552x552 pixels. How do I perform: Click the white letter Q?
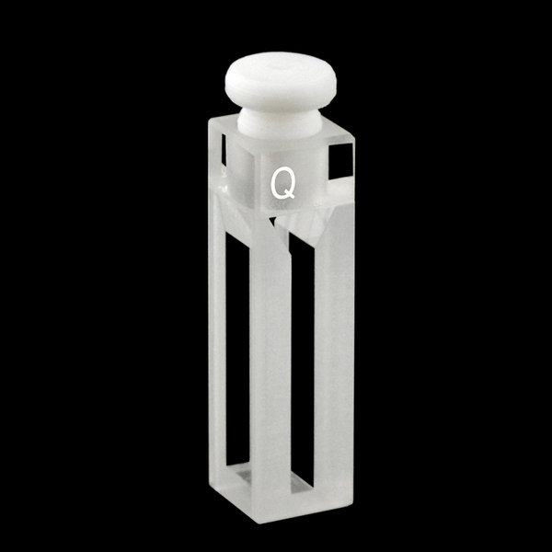[x=282, y=184]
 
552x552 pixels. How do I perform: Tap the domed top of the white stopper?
[x=277, y=79]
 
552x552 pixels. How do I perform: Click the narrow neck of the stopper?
[x=276, y=121]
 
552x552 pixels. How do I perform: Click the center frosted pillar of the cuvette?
[x=270, y=368]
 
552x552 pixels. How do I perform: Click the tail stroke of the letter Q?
[x=291, y=195]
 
